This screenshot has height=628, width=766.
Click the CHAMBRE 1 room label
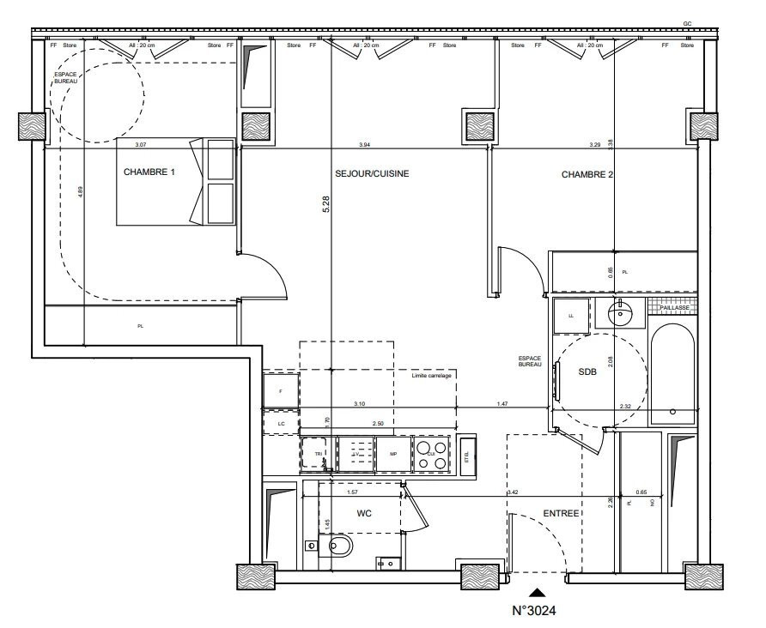pos(149,172)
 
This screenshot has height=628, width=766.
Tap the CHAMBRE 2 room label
pos(587,174)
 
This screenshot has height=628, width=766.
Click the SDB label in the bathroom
pos(587,371)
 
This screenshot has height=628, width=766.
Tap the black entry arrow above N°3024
pos(537,591)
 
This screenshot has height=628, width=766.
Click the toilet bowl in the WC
pos(338,546)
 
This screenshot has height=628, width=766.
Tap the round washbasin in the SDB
pos(619,315)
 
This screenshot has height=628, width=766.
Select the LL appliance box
pos(571,315)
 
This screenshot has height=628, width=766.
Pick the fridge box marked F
pos(281,391)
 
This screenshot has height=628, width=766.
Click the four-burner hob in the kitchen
pos(431,455)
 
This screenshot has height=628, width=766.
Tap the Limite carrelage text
pos(432,376)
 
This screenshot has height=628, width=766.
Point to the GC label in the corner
pos(687,23)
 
